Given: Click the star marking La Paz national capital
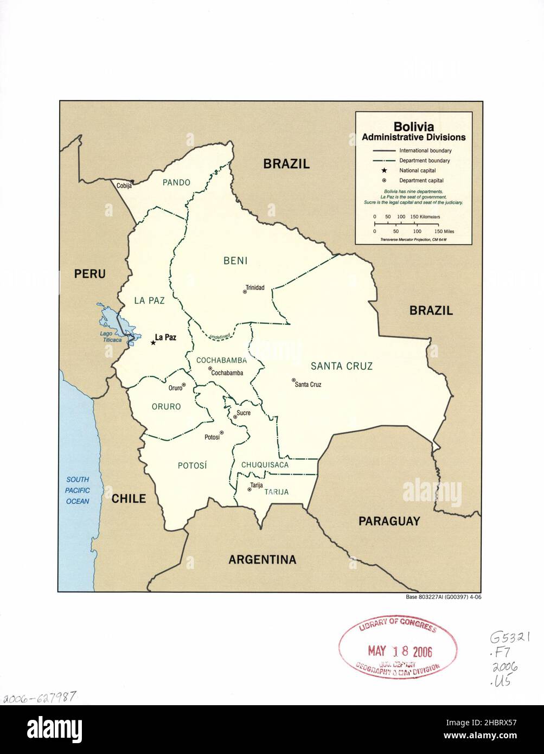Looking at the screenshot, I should pyautogui.click(x=152, y=342).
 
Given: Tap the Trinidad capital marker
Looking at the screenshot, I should pyautogui.click(x=245, y=292).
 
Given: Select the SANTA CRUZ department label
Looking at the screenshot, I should pyautogui.click(x=341, y=366).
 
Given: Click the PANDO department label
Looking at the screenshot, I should pyautogui.click(x=176, y=183).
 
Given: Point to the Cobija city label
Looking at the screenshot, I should pyautogui.click(x=124, y=186).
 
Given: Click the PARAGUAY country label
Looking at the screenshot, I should pyautogui.click(x=389, y=521).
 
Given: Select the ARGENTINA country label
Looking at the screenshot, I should pyautogui.click(x=262, y=559).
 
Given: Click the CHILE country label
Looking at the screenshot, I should pyautogui.click(x=129, y=498).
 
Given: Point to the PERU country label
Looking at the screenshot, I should pyautogui.click(x=89, y=274).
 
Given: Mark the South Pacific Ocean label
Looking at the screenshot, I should pyautogui.click(x=78, y=490).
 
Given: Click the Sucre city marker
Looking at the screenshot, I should pyautogui.click(x=235, y=417).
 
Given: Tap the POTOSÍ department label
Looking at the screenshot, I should pyautogui.click(x=193, y=465).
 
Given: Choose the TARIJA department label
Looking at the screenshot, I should pyautogui.click(x=277, y=492).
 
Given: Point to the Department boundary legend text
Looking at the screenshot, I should pyautogui.click(x=424, y=161).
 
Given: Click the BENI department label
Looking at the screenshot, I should pyautogui.click(x=235, y=261).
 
